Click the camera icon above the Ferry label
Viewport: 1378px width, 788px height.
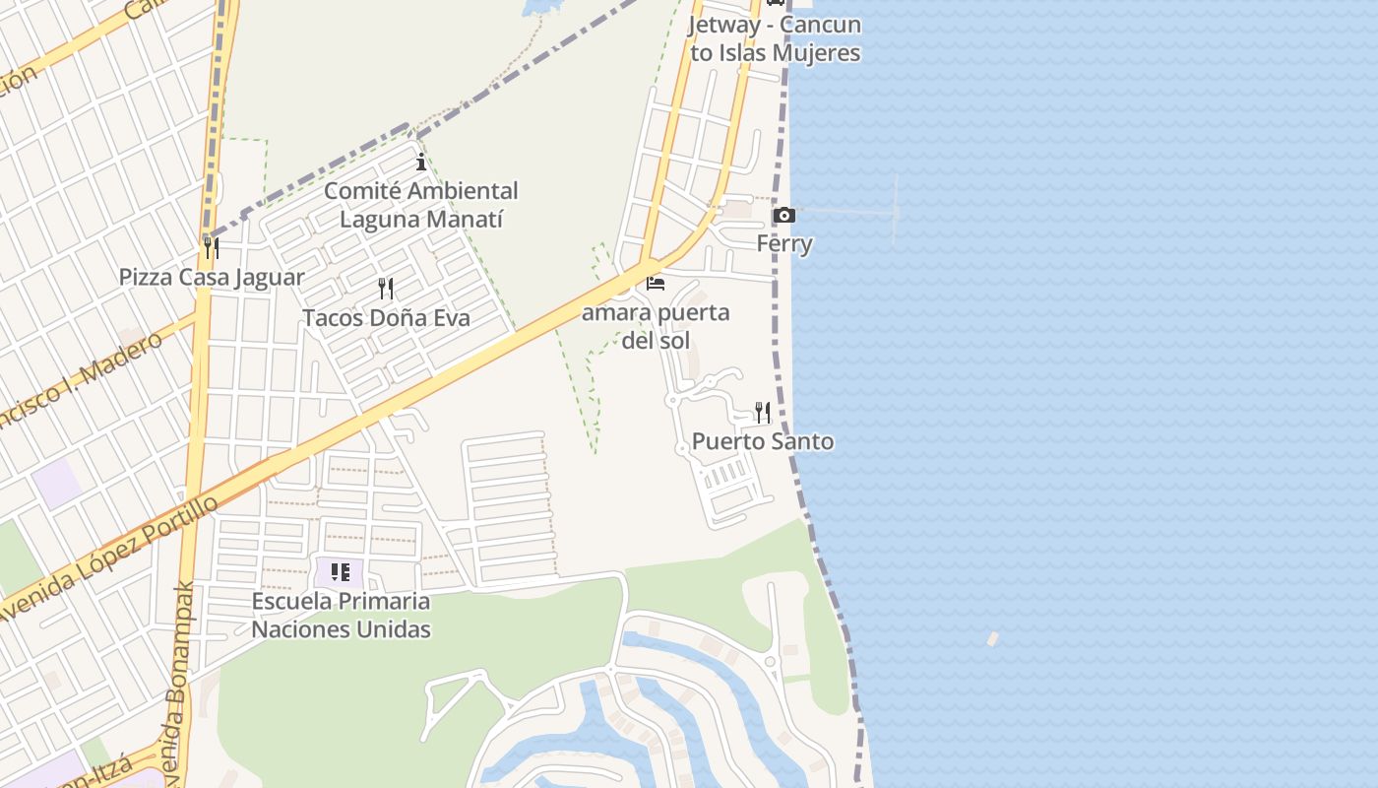(x=784, y=215)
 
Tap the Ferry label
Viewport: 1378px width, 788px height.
(x=784, y=243)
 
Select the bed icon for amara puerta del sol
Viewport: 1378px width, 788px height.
(x=656, y=284)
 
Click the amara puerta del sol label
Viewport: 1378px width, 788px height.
(x=656, y=326)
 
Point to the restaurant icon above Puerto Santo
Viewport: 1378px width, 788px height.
(x=763, y=412)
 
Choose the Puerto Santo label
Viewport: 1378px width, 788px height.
(x=763, y=441)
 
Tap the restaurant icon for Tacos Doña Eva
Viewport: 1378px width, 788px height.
(x=386, y=289)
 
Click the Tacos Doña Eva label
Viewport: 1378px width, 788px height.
(x=386, y=318)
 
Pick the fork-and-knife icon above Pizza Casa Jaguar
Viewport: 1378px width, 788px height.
(x=212, y=246)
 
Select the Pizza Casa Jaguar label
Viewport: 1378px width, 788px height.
(x=212, y=277)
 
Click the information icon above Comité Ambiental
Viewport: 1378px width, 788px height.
(x=421, y=162)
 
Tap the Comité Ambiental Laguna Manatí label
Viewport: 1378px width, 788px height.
(x=421, y=204)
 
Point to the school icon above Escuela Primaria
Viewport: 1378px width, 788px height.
(x=341, y=571)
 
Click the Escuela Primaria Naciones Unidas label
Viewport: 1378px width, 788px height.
(x=341, y=615)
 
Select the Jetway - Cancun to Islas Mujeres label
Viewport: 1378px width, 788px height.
(x=776, y=38)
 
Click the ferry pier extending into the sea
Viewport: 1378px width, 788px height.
(x=856, y=211)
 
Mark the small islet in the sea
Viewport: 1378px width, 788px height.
(x=992, y=638)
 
